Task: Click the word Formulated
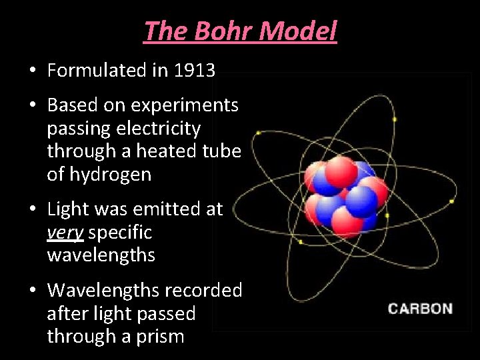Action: click(98, 70)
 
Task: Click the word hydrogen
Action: click(109, 175)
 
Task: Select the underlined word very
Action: click(65, 233)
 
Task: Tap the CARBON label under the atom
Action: click(420, 309)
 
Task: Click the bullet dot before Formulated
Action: click(32, 71)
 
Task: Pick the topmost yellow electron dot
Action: click(395, 119)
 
